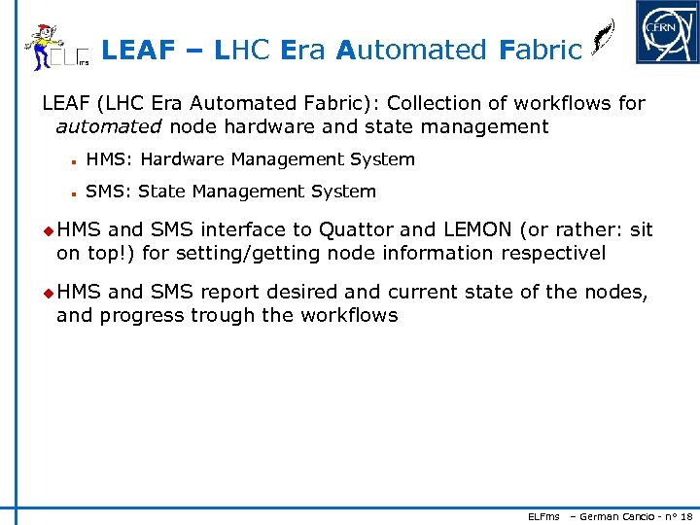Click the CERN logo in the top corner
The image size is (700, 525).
tap(667, 32)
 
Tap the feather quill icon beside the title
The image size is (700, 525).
tap(602, 41)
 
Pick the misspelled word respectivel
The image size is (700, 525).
tap(553, 254)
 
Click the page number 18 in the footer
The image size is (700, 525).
tap(686, 515)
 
